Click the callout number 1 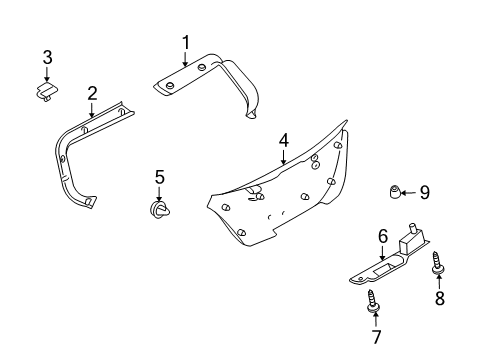(x=185, y=42)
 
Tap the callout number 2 (x=91, y=94)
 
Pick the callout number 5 (x=159, y=178)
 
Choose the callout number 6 (x=381, y=236)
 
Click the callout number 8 (x=440, y=298)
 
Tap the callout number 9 (x=424, y=192)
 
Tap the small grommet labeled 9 (x=396, y=191)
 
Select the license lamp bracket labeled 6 (x=385, y=265)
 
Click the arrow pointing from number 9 (x=410, y=192)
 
